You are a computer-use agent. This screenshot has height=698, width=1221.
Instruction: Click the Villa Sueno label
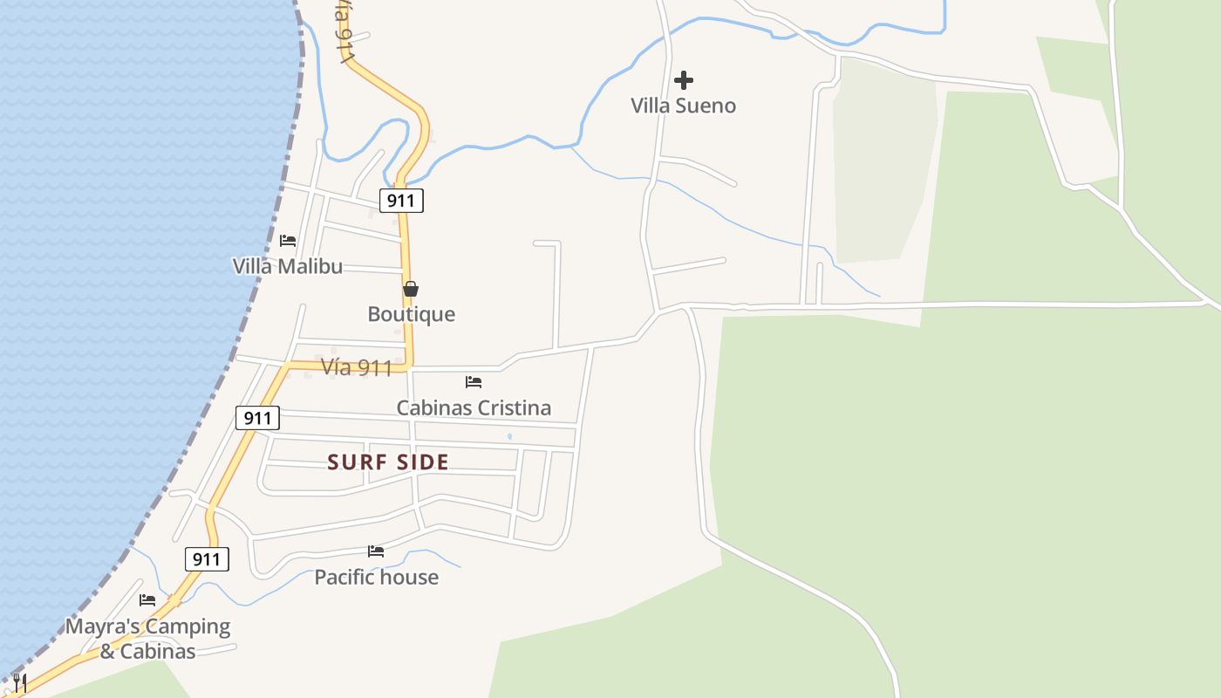click(683, 106)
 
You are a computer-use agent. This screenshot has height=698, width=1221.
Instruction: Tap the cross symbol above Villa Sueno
click(684, 80)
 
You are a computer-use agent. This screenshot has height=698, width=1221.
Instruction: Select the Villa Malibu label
click(287, 266)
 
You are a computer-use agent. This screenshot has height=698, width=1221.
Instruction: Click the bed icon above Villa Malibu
click(288, 240)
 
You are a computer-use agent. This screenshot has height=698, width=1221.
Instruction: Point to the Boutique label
click(411, 314)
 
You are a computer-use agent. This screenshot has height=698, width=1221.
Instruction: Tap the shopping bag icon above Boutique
click(411, 289)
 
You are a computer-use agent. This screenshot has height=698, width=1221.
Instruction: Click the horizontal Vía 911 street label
click(356, 367)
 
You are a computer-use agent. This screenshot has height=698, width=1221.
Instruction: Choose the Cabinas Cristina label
click(474, 407)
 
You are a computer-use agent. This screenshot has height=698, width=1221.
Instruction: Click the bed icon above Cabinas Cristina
click(474, 381)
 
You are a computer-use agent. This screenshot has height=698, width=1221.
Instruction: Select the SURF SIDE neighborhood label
click(388, 462)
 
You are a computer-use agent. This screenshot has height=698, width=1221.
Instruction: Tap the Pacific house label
click(376, 577)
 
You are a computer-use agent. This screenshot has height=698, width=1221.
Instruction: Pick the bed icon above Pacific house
click(376, 551)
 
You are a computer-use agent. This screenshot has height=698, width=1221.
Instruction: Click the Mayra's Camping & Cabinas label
click(147, 639)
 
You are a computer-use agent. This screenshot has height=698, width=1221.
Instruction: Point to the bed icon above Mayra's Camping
click(147, 600)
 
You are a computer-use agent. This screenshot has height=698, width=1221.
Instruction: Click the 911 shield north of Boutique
click(401, 201)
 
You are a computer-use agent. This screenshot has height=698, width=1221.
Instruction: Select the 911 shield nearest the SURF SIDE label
click(257, 418)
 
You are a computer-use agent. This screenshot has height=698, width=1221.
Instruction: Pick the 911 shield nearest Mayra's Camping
click(207, 559)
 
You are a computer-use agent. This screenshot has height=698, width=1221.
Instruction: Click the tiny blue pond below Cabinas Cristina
click(509, 436)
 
